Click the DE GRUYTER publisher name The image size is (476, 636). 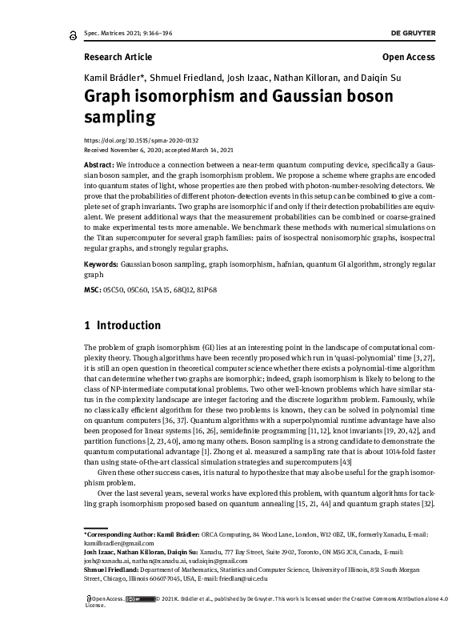(x=413, y=34)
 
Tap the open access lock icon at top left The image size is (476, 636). (x=73, y=34)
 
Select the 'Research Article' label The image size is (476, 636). (x=117, y=57)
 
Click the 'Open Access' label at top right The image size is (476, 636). (x=409, y=57)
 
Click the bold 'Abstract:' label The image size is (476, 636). (x=98, y=163)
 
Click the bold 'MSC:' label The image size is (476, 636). (x=93, y=288)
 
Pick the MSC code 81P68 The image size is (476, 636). (x=206, y=288)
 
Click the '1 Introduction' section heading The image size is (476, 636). (x=122, y=326)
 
